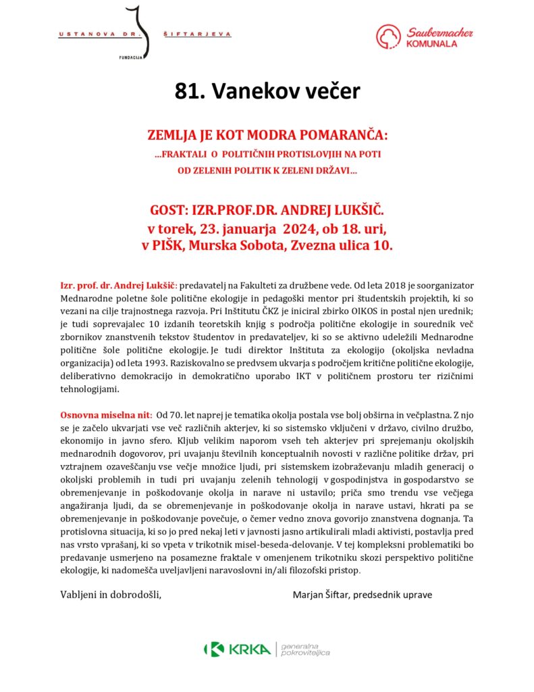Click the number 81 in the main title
coord(187,92)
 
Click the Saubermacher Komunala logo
coord(425,36)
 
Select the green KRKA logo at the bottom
coord(238,649)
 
